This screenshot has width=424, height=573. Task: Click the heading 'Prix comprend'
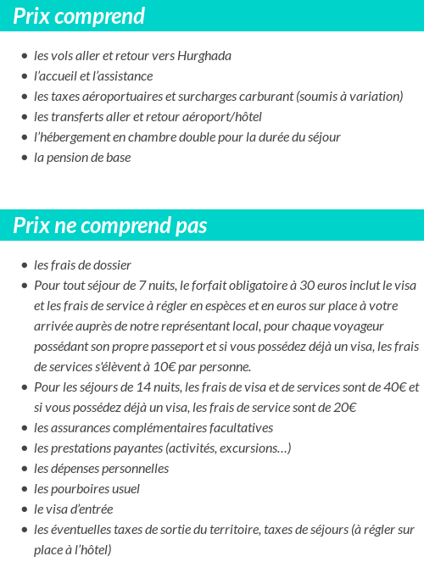79,16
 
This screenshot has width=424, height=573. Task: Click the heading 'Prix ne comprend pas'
110,226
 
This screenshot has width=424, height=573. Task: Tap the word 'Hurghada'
204,56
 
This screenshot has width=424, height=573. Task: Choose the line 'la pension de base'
82,158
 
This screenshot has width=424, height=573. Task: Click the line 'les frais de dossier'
82,265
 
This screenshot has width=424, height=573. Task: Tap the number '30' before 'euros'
298,286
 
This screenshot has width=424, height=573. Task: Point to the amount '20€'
343,408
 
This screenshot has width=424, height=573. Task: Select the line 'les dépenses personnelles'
101,469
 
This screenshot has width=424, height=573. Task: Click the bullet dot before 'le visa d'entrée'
25,509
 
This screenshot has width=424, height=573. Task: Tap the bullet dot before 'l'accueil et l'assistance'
25,76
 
